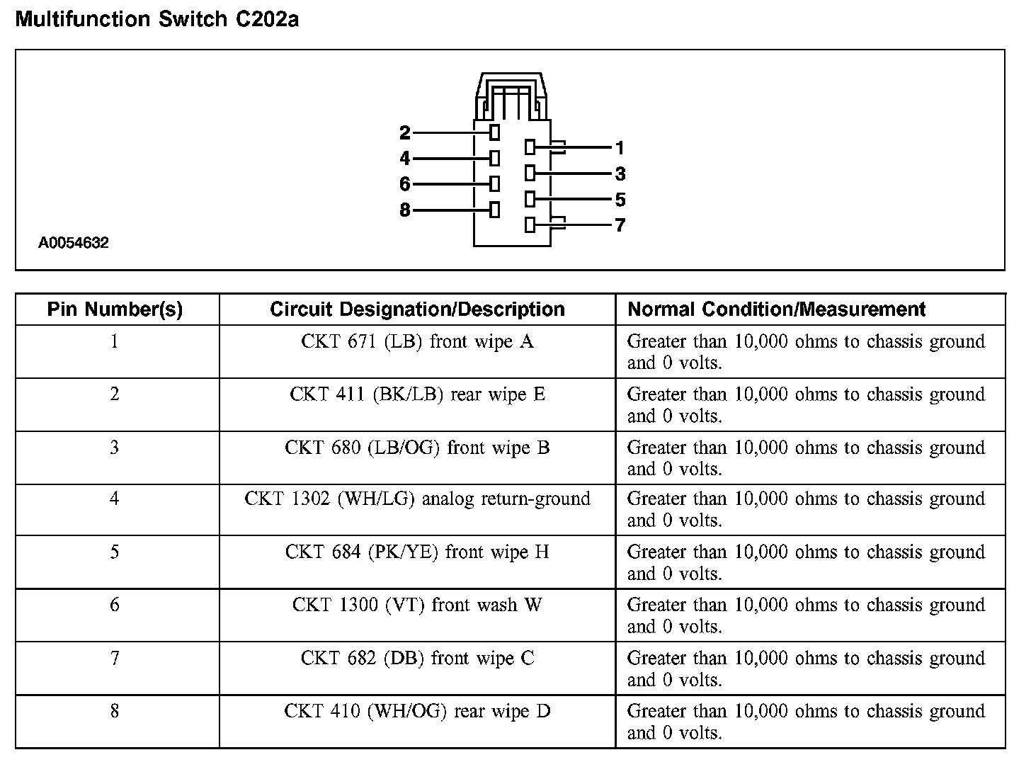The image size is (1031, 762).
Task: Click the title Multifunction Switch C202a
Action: [x=156, y=19]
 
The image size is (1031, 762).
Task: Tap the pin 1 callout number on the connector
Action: [x=620, y=148]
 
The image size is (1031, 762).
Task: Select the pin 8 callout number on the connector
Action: [x=404, y=210]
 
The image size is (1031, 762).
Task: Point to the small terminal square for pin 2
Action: [x=494, y=132]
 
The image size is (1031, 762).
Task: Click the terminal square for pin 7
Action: [x=530, y=225]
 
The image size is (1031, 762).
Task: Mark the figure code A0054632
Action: [x=74, y=244]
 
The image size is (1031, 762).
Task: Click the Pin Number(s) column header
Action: [x=115, y=309]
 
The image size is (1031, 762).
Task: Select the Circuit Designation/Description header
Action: [x=417, y=309]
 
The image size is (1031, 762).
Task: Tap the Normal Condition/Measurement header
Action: [x=777, y=309]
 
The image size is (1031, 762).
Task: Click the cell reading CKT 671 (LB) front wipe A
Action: [x=417, y=342]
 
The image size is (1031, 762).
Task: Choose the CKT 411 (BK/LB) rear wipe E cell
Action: [x=417, y=394]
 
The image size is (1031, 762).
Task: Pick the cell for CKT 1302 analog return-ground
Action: [x=417, y=499]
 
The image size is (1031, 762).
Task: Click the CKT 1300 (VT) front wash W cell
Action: [x=417, y=605]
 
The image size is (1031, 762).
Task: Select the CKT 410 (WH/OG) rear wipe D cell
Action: [x=417, y=711]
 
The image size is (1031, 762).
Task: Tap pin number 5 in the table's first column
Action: [x=115, y=552]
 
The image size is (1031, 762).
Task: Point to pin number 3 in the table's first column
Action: [x=115, y=448]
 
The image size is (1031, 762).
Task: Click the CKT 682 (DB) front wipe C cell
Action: [x=417, y=659]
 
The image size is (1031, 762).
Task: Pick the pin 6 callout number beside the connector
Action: [x=404, y=184]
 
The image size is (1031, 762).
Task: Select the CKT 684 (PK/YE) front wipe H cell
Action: [x=417, y=552]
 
